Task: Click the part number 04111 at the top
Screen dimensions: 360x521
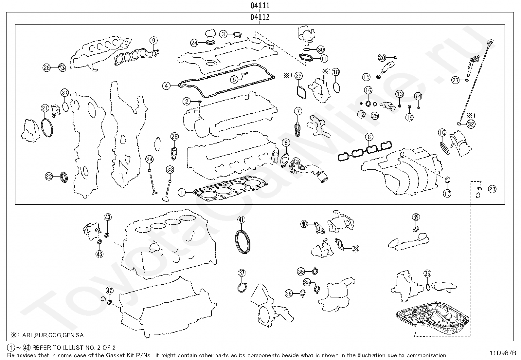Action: tap(260, 6)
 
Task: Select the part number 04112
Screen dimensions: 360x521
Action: tap(260, 17)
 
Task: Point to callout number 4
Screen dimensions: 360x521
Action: tap(167, 86)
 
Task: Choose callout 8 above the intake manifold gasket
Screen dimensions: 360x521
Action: tap(369, 137)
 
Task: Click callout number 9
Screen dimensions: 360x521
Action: tap(153, 41)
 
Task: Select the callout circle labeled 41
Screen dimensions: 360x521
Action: tap(241, 220)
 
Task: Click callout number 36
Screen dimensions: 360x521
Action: tap(427, 274)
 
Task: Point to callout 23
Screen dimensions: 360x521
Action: tap(492, 189)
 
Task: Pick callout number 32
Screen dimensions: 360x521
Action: tap(471, 124)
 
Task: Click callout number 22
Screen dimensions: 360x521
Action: tap(49, 177)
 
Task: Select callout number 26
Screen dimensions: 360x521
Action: tap(47, 68)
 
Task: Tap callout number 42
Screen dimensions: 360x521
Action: tap(110, 291)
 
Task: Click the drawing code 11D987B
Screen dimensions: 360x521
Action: tap(503, 353)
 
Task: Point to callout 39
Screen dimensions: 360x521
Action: tap(416, 217)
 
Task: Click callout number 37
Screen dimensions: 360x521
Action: tap(242, 273)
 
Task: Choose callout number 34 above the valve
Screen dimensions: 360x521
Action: tap(150, 160)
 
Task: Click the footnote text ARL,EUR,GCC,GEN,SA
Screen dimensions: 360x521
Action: tap(53, 335)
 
